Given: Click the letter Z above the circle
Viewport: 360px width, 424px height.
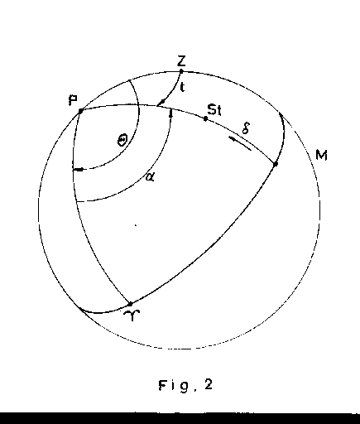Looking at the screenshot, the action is coord(181,60).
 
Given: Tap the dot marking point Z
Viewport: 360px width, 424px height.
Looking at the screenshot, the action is coord(181,71).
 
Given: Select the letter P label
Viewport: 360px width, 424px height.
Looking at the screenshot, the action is coord(73,100).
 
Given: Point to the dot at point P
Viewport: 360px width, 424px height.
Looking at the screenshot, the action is coord(80,111).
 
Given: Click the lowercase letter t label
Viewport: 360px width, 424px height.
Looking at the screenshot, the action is coord(182,87).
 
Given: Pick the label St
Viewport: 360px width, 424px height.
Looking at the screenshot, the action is coord(214,109).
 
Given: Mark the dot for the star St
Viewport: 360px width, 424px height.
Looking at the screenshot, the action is coord(205,118).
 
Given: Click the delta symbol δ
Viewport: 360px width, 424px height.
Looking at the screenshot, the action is coord(246,128).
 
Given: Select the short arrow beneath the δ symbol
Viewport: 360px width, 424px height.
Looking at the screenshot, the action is coord(240,144).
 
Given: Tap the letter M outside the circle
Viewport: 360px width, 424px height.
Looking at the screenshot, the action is coord(321,156).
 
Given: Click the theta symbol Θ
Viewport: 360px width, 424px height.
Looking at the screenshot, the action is coord(122,140).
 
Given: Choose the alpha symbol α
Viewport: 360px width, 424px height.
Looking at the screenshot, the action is coord(150,176).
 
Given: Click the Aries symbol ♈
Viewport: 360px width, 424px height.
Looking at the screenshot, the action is coord(132,316).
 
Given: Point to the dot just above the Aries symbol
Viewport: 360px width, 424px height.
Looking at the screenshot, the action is coord(131,304).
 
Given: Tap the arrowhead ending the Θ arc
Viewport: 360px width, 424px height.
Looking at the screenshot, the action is coord(79,169).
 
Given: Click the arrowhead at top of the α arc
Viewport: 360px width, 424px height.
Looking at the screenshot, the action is coord(171,113).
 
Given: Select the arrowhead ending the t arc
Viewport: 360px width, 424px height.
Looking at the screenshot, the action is coord(161,103).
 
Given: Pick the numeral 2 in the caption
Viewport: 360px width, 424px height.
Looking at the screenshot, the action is coord(209,384).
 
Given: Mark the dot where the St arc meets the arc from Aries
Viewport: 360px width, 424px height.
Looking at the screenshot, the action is coord(275,164).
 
